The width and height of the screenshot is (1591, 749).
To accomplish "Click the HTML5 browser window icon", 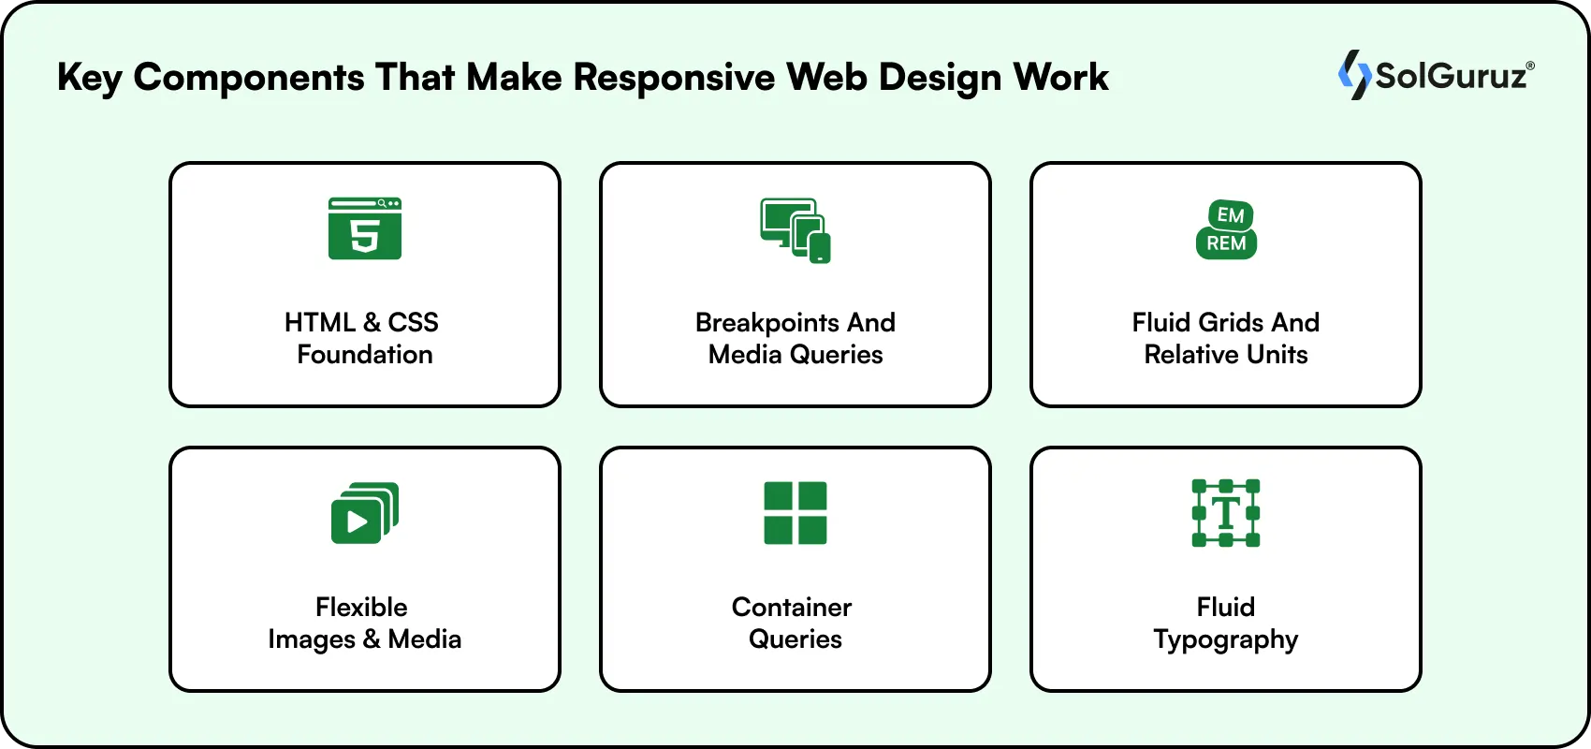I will (x=365, y=228).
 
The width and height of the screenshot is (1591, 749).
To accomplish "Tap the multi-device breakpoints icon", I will (x=795, y=230).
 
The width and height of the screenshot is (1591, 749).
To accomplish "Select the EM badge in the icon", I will (x=1230, y=215).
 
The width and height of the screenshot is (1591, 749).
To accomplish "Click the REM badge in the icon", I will (x=1226, y=243).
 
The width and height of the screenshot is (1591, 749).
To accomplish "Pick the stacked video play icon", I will (x=365, y=513).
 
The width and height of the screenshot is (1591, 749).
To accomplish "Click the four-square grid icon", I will (x=795, y=513).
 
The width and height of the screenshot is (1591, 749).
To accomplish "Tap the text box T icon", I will (x=1226, y=513).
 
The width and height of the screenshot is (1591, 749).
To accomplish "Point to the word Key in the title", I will (x=89, y=78).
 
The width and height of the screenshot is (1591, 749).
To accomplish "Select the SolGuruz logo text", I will (x=1451, y=76).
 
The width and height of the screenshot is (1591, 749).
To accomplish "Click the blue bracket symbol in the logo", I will (x=1353, y=75).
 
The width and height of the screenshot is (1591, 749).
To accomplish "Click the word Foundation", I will (x=365, y=355).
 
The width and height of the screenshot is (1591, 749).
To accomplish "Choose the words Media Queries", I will (x=795, y=355).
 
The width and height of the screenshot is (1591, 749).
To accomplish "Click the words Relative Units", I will (x=1226, y=355).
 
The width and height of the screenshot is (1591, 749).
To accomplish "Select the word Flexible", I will (x=361, y=608).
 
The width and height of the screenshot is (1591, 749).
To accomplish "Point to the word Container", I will (x=792, y=608).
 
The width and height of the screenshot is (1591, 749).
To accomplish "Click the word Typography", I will (x=1226, y=640).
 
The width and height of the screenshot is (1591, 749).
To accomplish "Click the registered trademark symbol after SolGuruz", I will (x=1530, y=66).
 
